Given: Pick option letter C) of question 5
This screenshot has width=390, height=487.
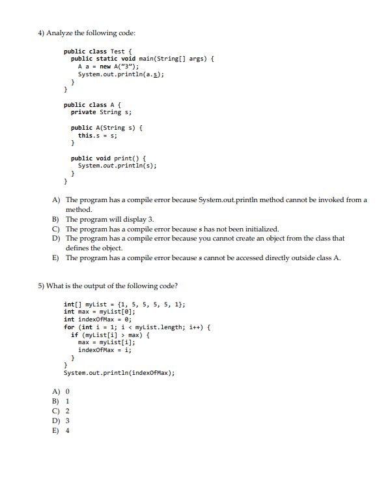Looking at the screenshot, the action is point(57,411).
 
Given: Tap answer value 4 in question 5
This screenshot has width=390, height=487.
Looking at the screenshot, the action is point(68,430).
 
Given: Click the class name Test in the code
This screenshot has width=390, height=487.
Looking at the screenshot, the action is point(118,52).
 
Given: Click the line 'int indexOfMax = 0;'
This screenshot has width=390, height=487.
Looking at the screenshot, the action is point(98,319).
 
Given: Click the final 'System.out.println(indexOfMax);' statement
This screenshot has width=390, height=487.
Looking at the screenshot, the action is point(118,373).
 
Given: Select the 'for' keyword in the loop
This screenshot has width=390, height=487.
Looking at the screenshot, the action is point(68,327).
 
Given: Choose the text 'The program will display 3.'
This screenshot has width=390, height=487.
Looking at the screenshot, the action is point(109,219).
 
